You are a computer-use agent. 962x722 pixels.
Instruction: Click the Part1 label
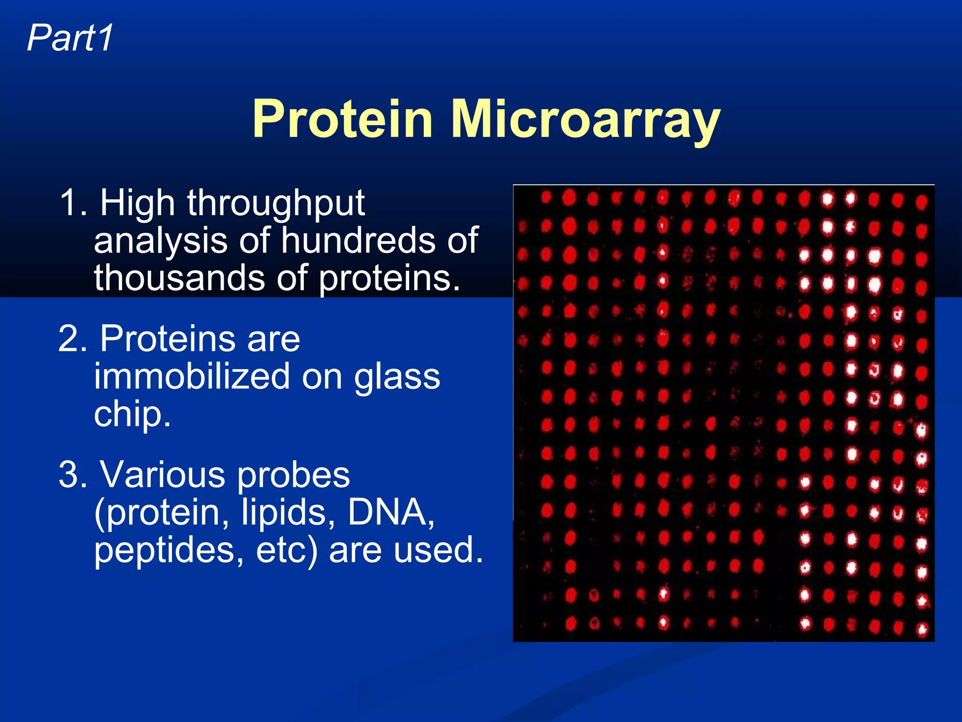pyautogui.click(x=70, y=38)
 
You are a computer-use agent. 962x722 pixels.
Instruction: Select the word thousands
pyautogui.click(x=179, y=278)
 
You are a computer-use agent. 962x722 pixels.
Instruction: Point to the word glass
pyautogui.click(x=397, y=377)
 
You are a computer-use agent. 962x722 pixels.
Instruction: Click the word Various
pyautogui.click(x=163, y=475)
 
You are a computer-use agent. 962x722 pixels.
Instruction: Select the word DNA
pyautogui.click(x=390, y=512)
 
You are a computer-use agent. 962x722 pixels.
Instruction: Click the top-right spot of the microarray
pyautogui.click(x=921, y=202)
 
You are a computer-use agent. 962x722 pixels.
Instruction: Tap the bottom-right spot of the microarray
pyautogui.click(x=922, y=628)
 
